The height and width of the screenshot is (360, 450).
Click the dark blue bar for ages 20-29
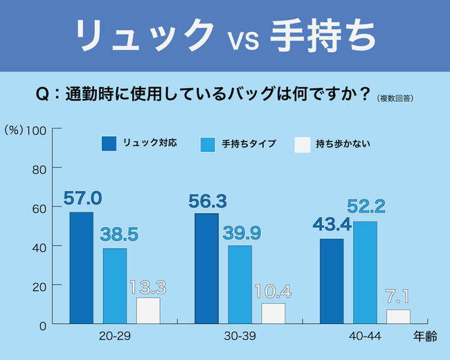pyautogui.click(x=81, y=268)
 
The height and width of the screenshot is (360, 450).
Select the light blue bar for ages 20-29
pyautogui.click(x=115, y=286)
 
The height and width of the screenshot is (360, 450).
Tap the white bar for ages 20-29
pyautogui.click(x=148, y=311)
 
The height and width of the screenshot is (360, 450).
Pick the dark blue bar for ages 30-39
pyautogui.click(x=206, y=269)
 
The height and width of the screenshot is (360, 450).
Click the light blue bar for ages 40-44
pyautogui.click(x=365, y=273)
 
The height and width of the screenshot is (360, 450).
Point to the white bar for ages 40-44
pyautogui.click(x=398, y=316)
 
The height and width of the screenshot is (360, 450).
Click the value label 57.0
pyautogui.click(x=82, y=199)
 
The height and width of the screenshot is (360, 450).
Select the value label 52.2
pyautogui.click(x=366, y=206)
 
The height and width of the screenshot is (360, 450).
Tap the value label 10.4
pyautogui.click(x=273, y=292)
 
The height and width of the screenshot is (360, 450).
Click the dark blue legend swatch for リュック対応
pyautogui.click(x=109, y=144)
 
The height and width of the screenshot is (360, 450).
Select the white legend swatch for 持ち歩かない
pyautogui.click(x=302, y=144)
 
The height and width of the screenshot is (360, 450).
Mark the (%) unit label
pyautogui.click(x=14, y=129)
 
